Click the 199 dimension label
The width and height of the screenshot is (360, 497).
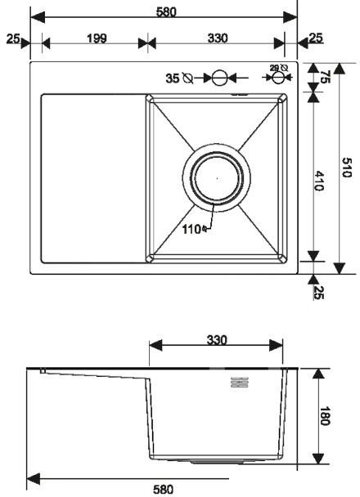(x=95, y=38)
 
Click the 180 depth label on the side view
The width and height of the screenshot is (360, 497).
(x=325, y=416)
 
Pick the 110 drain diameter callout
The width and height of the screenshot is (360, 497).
(x=192, y=228)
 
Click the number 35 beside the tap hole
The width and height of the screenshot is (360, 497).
(x=173, y=78)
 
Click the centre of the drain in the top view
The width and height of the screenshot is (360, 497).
(x=217, y=176)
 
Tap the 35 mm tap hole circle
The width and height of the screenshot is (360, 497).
(x=218, y=78)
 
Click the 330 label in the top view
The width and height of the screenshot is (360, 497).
(x=217, y=38)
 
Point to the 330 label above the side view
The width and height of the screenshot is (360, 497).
(x=216, y=340)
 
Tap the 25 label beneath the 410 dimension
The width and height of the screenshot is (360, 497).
(x=319, y=291)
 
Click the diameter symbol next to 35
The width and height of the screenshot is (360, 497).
(x=188, y=78)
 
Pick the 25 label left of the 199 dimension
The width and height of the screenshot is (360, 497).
(x=12, y=38)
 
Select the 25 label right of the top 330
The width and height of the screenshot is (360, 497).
(x=315, y=38)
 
